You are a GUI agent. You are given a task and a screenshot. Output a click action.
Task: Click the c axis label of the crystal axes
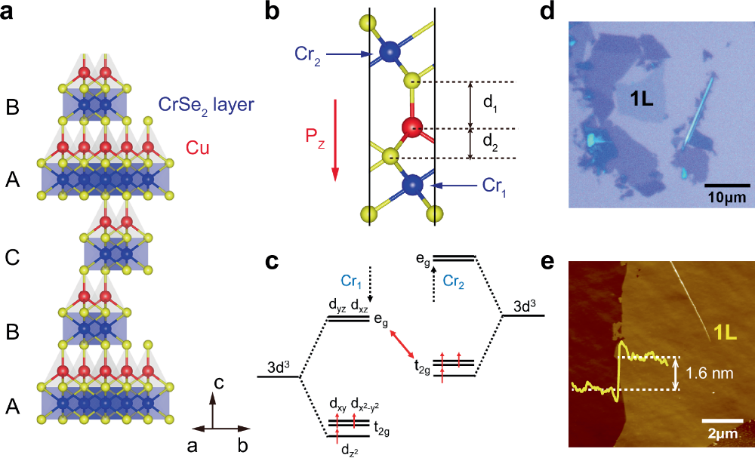[220, 383]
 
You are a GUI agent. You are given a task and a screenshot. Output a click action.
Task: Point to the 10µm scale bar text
[727, 197]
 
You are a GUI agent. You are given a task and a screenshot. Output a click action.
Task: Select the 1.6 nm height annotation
[710, 373]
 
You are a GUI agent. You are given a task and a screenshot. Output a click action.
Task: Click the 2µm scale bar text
[723, 435]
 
